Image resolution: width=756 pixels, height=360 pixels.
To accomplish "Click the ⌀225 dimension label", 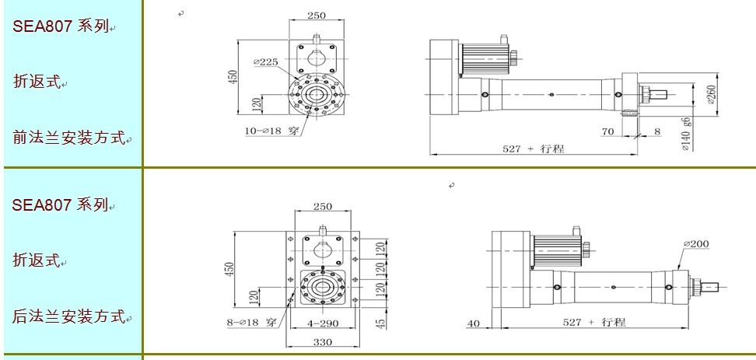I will pos(266,62).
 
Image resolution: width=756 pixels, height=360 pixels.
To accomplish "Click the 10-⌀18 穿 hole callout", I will pos(272,131).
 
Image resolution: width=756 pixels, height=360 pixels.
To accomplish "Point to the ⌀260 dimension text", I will pos(710,93).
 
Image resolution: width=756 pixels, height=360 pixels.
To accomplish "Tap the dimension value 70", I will pos(608,132).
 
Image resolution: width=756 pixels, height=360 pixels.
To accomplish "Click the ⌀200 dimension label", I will pos(695,243).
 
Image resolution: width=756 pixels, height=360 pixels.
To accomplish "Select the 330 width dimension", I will pos(321,341).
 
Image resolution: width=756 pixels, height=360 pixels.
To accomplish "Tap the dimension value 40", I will pos(473,323).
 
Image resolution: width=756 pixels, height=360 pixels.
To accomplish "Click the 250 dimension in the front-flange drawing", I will pos(316,15).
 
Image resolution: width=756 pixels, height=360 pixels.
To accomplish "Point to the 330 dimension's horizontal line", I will pos(321,349).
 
